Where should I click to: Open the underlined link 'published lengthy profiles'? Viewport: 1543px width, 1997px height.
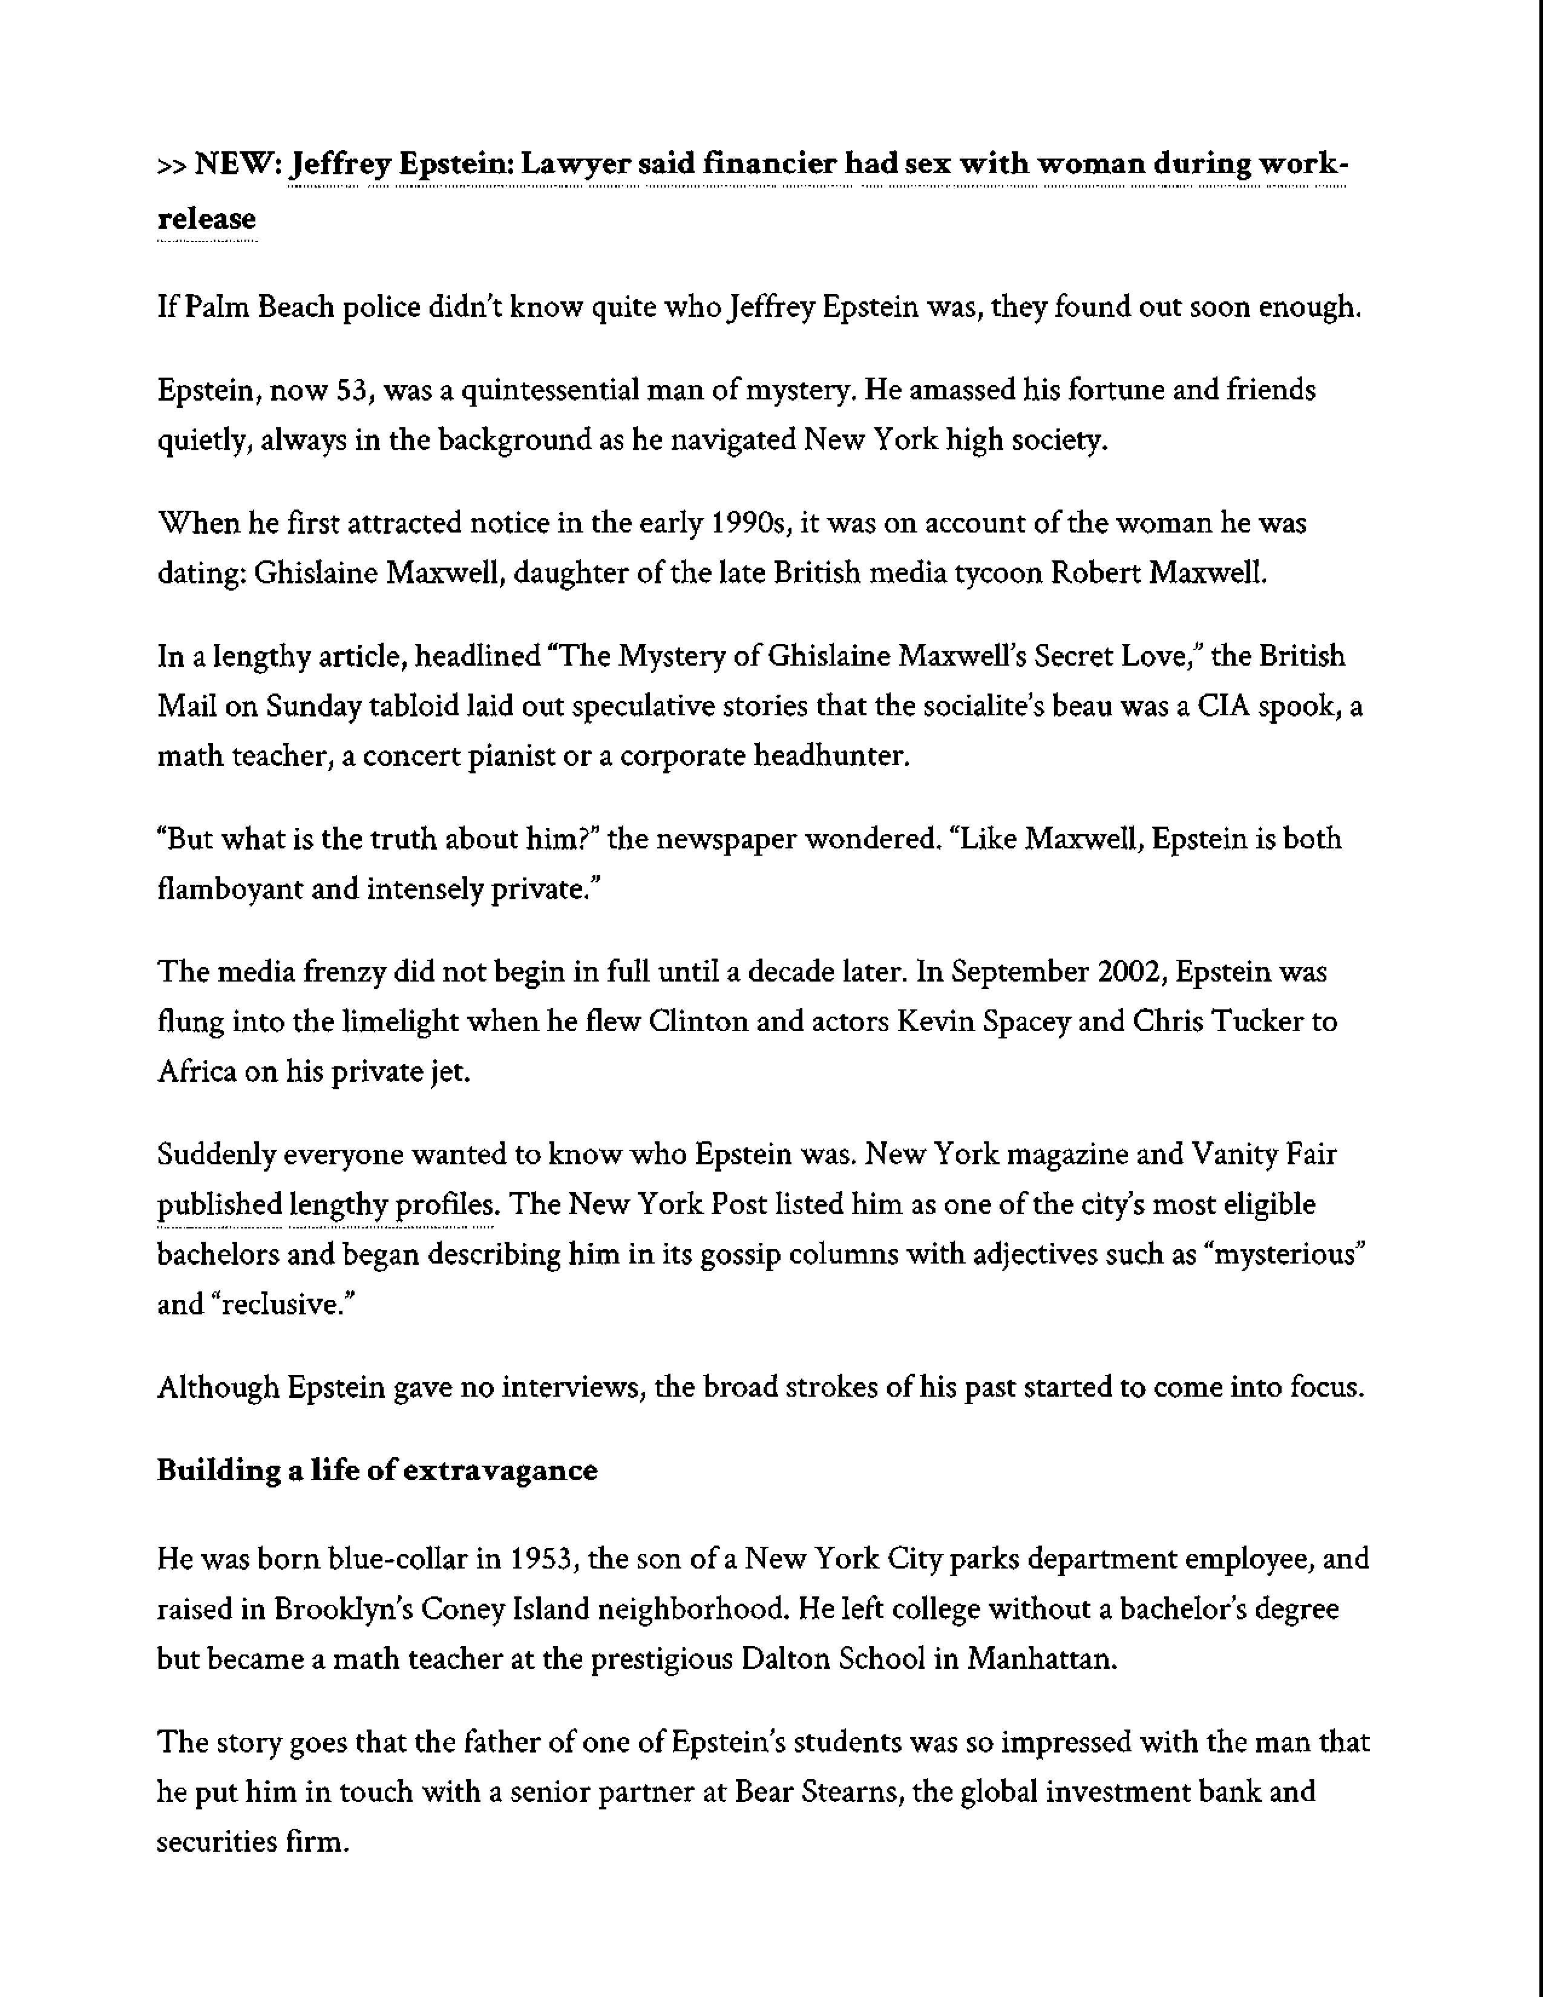(326, 1205)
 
